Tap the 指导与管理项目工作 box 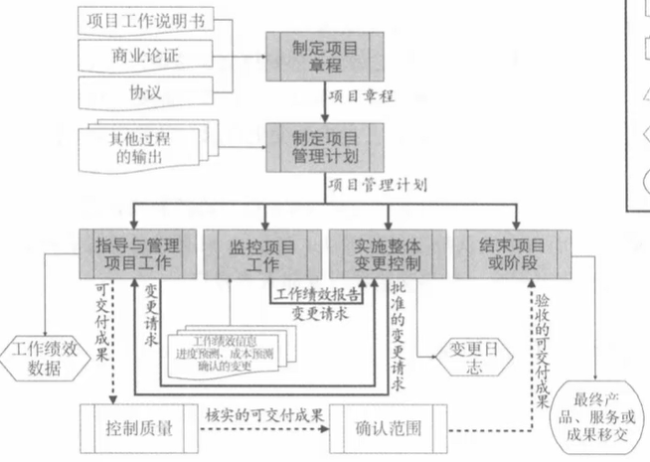pos(130,254)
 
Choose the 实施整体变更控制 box pos(387,254)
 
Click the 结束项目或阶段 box pos(511,254)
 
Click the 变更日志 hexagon pos(462,356)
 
